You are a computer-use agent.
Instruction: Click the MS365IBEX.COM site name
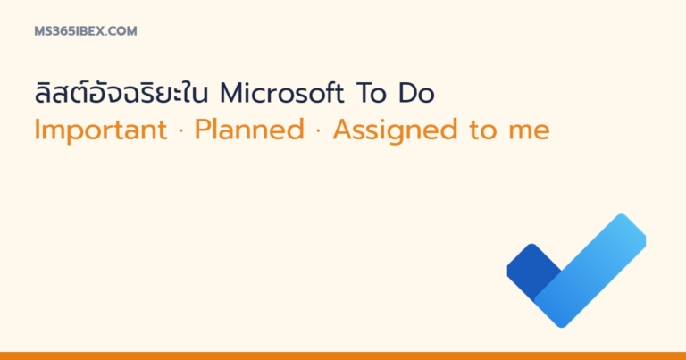tap(86, 31)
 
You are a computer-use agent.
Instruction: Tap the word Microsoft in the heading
tap(281, 93)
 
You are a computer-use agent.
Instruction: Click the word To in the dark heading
tap(371, 93)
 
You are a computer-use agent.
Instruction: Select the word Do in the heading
tap(416, 93)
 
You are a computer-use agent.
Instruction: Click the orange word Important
tap(101, 130)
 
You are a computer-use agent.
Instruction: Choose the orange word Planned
tap(249, 130)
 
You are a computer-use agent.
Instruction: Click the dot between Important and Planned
tap(181, 130)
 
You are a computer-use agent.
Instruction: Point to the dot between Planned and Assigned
tap(318, 130)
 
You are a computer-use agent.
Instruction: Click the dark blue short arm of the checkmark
tap(531, 268)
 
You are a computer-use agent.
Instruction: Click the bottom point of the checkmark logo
tap(561, 326)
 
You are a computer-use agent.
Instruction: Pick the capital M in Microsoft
tap(232, 93)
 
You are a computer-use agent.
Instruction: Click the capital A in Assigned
tap(344, 130)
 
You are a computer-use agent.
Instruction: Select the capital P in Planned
tap(203, 130)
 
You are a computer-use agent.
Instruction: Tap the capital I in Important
tap(37, 130)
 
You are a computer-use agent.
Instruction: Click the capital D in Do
tap(407, 93)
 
